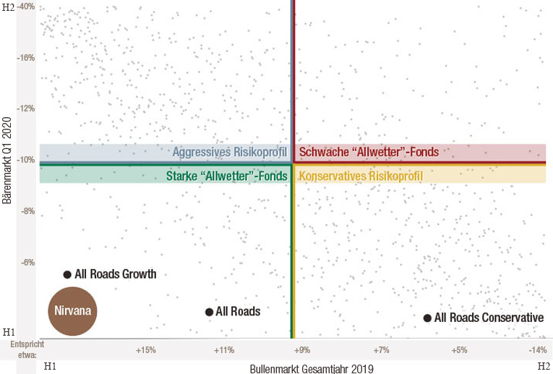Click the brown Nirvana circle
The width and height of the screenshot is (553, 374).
pyautogui.click(x=72, y=311)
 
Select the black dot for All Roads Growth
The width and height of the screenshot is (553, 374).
pyautogui.click(x=67, y=275)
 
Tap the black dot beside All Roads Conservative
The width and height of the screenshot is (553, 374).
pyautogui.click(x=427, y=318)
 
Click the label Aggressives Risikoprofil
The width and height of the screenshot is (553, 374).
pyautogui.click(x=230, y=153)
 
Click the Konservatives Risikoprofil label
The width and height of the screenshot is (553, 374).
pyautogui.click(x=361, y=176)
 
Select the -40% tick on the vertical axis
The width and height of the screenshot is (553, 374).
pyautogui.click(x=25, y=7)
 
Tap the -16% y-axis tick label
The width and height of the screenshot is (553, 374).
pyautogui.click(x=25, y=58)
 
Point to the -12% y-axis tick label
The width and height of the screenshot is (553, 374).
pyautogui.click(x=25, y=109)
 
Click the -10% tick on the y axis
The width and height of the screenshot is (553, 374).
pyautogui.click(x=25, y=160)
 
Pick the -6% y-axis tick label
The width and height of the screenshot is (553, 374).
pyautogui.click(x=25, y=263)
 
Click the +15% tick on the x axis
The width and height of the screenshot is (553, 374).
pyautogui.click(x=146, y=350)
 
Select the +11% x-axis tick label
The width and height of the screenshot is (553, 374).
pyautogui.click(x=224, y=350)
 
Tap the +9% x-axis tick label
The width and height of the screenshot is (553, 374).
pyautogui.click(x=302, y=350)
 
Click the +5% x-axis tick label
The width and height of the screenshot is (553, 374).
pyautogui.click(x=458, y=350)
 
